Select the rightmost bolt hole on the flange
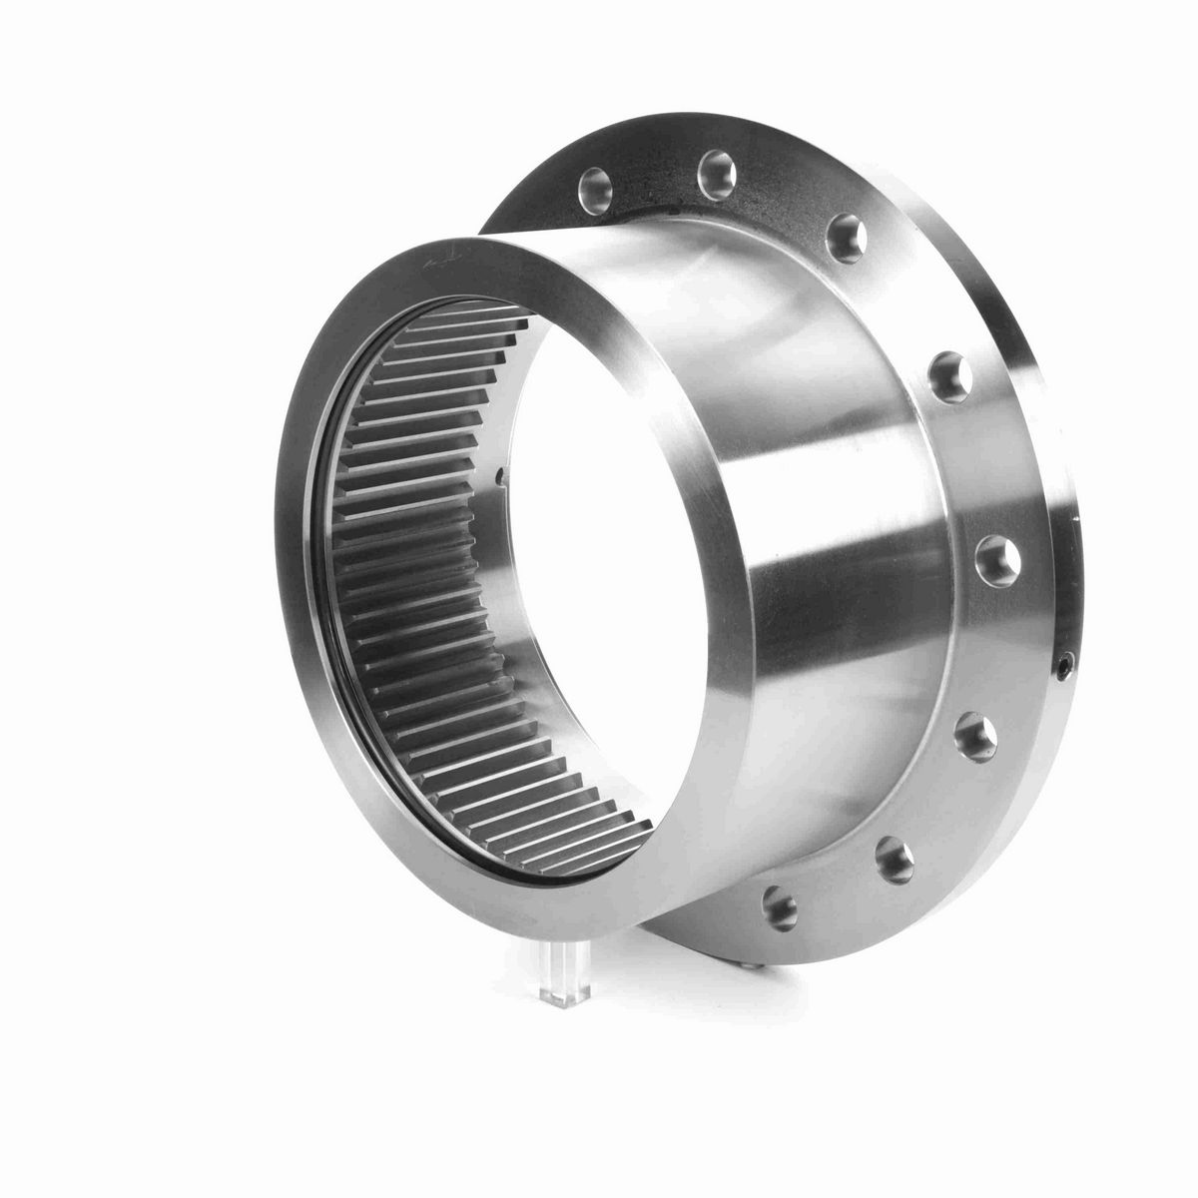pyautogui.click(x=999, y=554)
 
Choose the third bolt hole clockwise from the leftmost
pyautogui.click(x=844, y=229)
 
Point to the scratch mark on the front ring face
pyautogui.click(x=436, y=262)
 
